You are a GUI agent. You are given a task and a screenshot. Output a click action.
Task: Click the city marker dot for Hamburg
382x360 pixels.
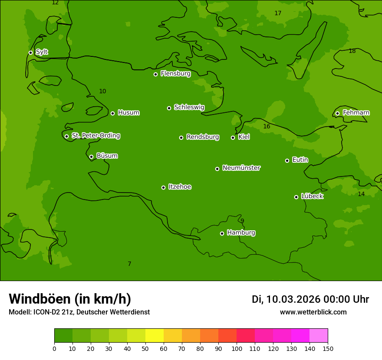point(222,233)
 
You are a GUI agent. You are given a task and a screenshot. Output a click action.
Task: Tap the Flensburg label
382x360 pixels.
point(175,74)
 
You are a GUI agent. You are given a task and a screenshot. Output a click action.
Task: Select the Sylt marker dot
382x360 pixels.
point(30,52)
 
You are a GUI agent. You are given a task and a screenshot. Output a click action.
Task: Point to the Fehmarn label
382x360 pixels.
point(356,113)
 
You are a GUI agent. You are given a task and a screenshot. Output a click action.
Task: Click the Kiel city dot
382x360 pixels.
point(233,137)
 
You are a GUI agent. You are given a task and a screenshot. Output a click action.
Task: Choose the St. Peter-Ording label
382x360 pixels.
point(95,136)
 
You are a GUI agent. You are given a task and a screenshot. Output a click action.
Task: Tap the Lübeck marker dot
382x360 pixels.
point(296,197)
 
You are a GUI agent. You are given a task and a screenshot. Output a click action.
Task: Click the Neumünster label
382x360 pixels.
point(241,168)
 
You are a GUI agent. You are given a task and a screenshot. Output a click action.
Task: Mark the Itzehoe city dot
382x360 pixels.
point(163,187)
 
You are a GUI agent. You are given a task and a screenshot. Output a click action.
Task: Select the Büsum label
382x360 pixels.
point(107,156)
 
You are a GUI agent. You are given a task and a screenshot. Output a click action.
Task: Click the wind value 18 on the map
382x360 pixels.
point(352,51)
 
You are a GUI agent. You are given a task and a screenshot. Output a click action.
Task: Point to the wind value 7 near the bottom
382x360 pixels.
point(129,264)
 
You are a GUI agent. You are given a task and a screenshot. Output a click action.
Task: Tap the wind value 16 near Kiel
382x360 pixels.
point(267,127)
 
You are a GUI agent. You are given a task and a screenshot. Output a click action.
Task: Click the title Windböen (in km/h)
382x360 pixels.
point(70,299)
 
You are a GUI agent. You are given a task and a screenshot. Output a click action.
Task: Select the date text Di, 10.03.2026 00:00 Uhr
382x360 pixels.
point(310,299)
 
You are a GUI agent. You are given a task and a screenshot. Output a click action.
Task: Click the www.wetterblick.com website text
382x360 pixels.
point(313,312)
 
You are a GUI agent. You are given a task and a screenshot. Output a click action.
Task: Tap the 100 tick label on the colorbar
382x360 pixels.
point(237,349)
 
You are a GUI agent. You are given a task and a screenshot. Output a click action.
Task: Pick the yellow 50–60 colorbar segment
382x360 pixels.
point(155,336)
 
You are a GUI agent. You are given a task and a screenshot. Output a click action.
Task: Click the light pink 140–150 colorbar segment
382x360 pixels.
point(319,336)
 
